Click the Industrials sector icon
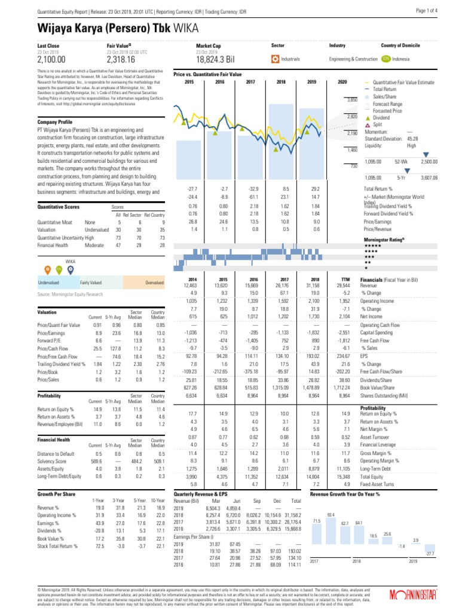click(275, 59)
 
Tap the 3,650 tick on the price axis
click(352, 99)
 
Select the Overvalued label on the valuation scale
click(154, 282)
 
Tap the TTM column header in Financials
click(344, 280)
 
